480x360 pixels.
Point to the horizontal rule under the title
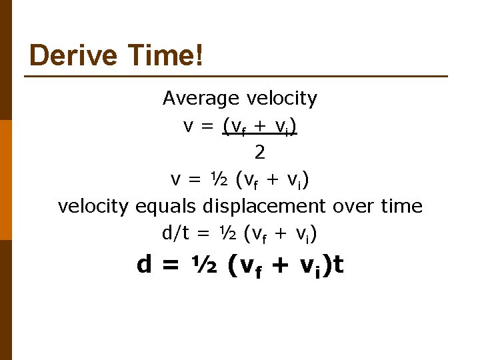click(x=236, y=76)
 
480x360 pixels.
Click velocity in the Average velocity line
click(x=282, y=99)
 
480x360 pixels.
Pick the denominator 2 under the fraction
click(x=259, y=153)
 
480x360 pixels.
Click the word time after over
click(x=401, y=207)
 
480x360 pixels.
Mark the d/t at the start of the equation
click(x=175, y=233)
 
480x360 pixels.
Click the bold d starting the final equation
click(x=143, y=265)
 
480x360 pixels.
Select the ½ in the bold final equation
click(x=203, y=265)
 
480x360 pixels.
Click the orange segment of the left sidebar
click(x=6, y=179)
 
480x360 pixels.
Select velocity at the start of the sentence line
click(x=93, y=207)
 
